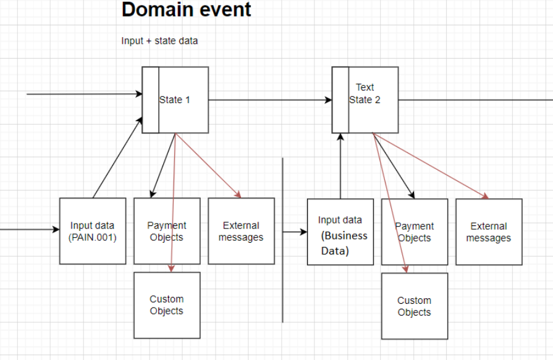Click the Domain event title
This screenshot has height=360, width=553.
pyautogui.click(x=187, y=10)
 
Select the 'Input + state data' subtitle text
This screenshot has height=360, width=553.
pyautogui.click(x=159, y=41)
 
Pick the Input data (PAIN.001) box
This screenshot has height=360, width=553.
pyautogui.click(x=93, y=231)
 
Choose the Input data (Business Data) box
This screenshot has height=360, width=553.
pyautogui.click(x=340, y=232)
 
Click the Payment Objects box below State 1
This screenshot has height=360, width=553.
pyautogui.click(x=167, y=231)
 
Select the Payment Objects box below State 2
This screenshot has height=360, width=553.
pyautogui.click(x=415, y=232)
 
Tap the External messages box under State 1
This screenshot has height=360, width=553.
pyautogui.click(x=241, y=231)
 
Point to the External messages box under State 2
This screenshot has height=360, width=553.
pyautogui.click(x=489, y=232)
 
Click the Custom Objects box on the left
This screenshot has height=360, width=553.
pyautogui.click(x=167, y=305)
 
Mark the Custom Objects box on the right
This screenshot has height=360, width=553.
pyautogui.click(x=415, y=306)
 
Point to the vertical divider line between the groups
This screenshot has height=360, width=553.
pyautogui.click(x=283, y=272)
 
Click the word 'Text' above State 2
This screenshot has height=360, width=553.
pyautogui.click(x=365, y=88)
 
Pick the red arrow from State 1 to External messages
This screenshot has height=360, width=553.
pyautogui.click(x=208, y=165)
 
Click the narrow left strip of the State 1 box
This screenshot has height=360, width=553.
pyautogui.click(x=150, y=99)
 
